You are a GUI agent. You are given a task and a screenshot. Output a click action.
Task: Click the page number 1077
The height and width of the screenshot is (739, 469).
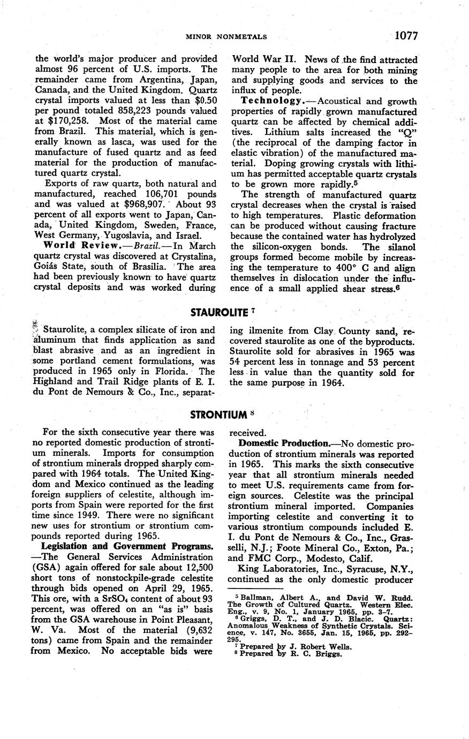pyautogui.click(x=405, y=36)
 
